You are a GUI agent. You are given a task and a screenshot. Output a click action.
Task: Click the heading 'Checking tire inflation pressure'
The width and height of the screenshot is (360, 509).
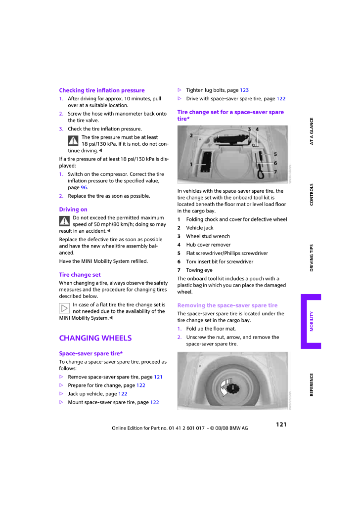102,90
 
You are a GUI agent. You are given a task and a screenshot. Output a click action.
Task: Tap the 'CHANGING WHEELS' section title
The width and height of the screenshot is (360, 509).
95,338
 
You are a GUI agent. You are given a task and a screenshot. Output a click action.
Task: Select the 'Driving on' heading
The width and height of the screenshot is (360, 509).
73,210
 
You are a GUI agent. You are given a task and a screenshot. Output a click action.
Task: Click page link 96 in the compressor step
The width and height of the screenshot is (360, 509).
84,188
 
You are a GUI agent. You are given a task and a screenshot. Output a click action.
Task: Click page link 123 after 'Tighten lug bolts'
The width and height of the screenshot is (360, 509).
244,90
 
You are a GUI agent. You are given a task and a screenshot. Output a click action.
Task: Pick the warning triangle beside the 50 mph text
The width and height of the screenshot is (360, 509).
64,221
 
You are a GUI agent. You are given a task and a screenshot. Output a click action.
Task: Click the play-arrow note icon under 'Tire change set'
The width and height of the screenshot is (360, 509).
64,308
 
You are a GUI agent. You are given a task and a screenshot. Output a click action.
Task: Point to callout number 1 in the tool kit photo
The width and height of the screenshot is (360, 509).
191,164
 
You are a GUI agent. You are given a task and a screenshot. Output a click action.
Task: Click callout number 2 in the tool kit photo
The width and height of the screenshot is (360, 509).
191,135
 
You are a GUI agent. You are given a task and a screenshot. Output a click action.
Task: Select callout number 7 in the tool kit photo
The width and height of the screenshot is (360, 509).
275,171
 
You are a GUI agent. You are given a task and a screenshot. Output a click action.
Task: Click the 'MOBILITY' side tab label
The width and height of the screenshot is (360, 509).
312,321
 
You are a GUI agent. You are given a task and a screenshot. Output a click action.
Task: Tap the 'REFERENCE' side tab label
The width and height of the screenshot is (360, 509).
312,384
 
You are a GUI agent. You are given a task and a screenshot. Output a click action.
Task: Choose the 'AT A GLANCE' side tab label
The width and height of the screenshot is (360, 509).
312,131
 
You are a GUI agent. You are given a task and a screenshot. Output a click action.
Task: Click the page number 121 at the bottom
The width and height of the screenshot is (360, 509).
281,424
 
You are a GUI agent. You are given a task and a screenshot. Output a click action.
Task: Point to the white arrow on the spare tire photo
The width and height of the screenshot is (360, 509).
228,385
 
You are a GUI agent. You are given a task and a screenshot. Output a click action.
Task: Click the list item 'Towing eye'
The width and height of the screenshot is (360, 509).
199,270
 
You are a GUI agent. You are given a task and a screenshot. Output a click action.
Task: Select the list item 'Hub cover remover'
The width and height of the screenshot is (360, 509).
208,245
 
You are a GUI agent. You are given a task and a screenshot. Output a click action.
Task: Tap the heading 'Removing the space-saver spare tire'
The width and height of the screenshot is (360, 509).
227,305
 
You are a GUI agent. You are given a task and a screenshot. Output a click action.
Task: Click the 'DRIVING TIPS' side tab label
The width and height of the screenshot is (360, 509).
312,257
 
